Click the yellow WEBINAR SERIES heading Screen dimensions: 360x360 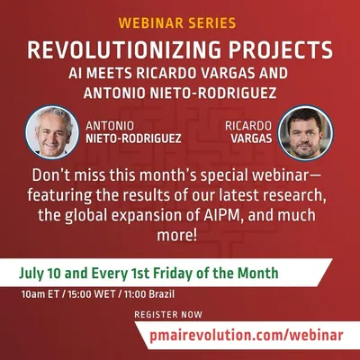click(x=177, y=23)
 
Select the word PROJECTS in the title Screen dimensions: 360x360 click(x=281, y=49)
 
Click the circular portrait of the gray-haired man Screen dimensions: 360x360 click(x=52, y=131)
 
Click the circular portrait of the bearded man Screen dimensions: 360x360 click(x=305, y=132)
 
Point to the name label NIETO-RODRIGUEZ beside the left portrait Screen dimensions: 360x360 click(x=133, y=139)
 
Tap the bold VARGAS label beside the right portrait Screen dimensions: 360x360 click(x=251, y=139)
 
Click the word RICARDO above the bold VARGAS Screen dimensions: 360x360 click(x=248, y=126)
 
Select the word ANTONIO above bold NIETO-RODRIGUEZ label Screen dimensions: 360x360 click(x=110, y=126)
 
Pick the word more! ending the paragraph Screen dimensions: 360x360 click(x=177, y=236)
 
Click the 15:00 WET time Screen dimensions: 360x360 click(x=92, y=293)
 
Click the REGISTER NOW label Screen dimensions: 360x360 click(x=168, y=315)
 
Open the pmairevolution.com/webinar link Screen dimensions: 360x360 click(x=246, y=335)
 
